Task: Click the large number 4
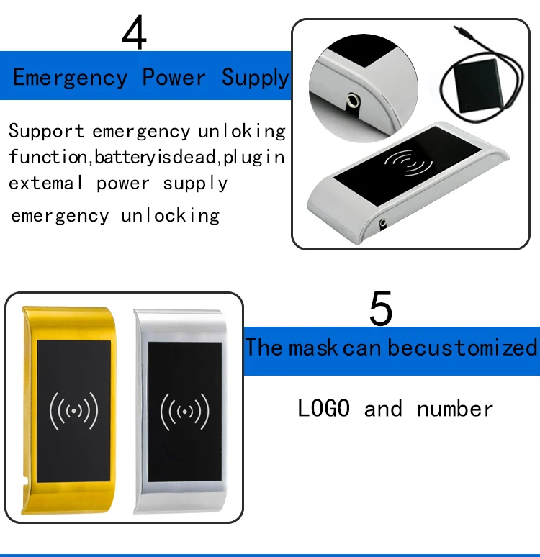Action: [135, 32]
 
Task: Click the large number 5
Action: [381, 308]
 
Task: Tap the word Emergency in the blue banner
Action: [70, 78]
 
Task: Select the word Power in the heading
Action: [174, 77]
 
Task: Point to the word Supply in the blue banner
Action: [256, 78]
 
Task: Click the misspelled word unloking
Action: [242, 132]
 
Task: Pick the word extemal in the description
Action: [46, 183]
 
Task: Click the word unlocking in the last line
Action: [171, 216]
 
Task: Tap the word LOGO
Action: [323, 408]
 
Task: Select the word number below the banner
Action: [455, 409]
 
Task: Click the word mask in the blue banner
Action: [312, 348]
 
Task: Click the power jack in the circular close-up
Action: [354, 101]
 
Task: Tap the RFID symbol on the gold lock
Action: [73, 411]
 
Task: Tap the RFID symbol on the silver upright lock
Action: [185, 412]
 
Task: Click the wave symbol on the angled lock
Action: [408, 163]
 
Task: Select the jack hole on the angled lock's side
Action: [382, 223]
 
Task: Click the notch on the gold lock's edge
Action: [25, 482]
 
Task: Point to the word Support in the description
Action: [46, 131]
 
